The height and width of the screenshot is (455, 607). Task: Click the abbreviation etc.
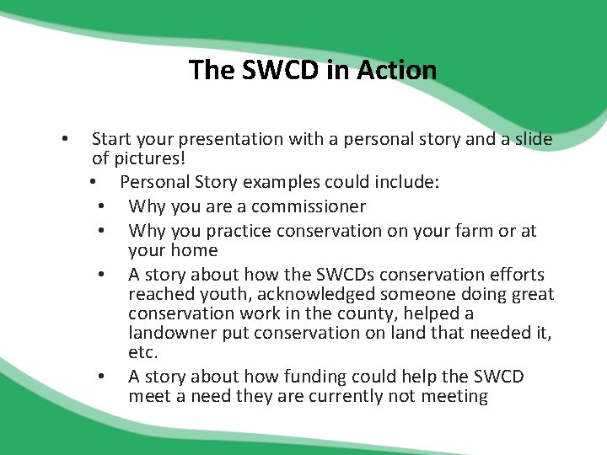coord(143,353)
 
